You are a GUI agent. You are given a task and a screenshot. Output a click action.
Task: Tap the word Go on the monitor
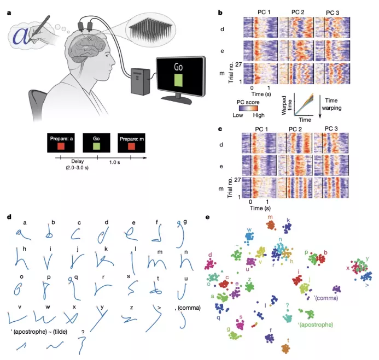tap(178, 67)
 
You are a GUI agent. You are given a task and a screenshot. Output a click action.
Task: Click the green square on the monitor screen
tap(178, 80)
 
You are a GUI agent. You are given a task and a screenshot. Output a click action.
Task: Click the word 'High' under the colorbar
tap(259, 115)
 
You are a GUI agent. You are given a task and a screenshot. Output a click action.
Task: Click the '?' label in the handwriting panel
tap(81, 330)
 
